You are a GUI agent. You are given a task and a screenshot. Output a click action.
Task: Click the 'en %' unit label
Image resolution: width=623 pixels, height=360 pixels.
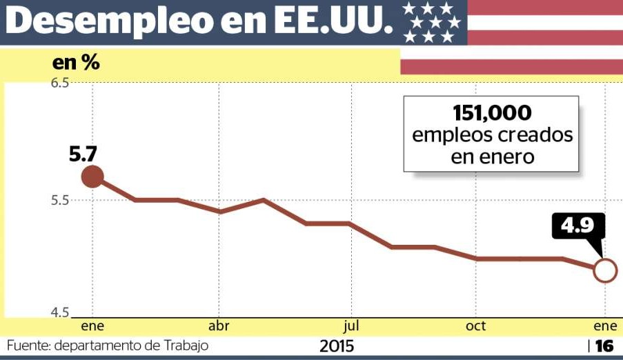76,63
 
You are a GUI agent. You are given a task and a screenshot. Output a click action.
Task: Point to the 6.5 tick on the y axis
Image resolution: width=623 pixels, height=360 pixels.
60,83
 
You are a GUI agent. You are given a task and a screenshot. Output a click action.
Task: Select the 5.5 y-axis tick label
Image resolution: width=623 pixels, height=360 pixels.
60,201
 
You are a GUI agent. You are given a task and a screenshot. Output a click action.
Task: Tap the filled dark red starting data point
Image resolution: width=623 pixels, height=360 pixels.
92,177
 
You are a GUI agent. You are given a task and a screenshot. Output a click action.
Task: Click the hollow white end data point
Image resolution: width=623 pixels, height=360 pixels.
605,270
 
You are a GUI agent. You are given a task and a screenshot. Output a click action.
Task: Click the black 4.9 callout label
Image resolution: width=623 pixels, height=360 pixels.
578,226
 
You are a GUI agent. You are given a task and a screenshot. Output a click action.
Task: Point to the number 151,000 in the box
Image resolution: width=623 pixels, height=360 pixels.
492,112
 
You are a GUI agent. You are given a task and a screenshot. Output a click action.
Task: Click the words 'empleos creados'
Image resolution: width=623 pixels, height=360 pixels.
492,134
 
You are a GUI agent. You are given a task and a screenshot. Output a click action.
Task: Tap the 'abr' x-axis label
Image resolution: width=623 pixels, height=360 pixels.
219,326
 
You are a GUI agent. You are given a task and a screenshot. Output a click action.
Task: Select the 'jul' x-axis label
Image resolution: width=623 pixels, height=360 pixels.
350,326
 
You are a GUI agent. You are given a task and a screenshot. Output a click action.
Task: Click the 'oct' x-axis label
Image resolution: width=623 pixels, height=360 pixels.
475,326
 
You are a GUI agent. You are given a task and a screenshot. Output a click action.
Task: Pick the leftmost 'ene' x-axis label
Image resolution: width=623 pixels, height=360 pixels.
92,326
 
